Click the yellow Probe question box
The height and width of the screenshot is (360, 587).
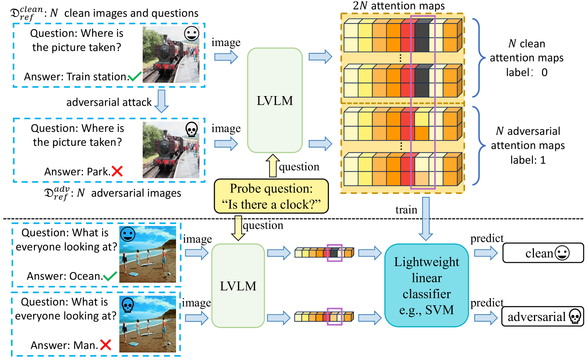[271, 196]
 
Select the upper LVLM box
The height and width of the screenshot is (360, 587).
[275, 100]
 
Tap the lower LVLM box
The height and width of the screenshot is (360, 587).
[238, 286]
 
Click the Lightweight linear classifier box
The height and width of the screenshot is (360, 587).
[426, 285]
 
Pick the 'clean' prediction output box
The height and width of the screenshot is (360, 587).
[543, 253]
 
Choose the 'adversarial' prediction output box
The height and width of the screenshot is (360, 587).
[542, 317]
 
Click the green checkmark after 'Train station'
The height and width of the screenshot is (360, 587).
[135, 76]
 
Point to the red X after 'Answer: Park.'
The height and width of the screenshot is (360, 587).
[117, 172]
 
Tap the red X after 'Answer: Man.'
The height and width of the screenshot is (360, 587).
[106, 345]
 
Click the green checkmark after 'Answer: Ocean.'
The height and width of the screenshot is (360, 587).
[110, 276]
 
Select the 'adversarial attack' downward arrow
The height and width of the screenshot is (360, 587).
[161, 101]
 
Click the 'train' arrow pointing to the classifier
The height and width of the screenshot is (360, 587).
[426, 219]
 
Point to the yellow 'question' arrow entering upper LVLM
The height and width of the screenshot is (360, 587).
[273, 166]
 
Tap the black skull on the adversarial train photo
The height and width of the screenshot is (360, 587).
[191, 130]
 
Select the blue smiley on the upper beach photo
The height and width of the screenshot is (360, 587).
[128, 234]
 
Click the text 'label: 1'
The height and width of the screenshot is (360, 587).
[528, 160]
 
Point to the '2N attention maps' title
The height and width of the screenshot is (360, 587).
[398, 6]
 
